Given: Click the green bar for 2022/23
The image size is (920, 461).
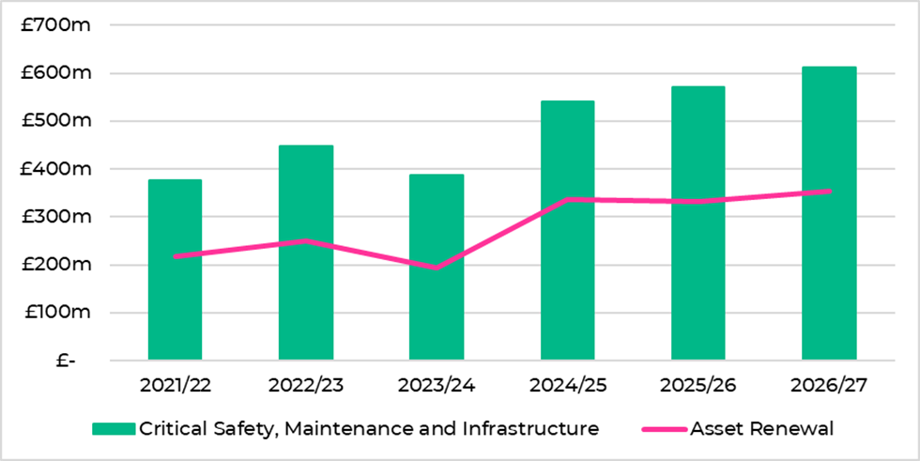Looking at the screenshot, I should (306, 253).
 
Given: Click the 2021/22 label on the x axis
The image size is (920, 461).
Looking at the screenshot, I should (175, 385).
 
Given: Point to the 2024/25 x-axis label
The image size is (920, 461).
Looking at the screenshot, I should (568, 385).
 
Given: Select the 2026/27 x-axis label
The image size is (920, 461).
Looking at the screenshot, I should (830, 385).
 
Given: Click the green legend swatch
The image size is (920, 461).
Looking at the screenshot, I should (114, 429).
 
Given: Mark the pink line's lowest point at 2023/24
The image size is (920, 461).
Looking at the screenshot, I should (437, 268).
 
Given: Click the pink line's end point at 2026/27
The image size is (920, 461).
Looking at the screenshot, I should (830, 191).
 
